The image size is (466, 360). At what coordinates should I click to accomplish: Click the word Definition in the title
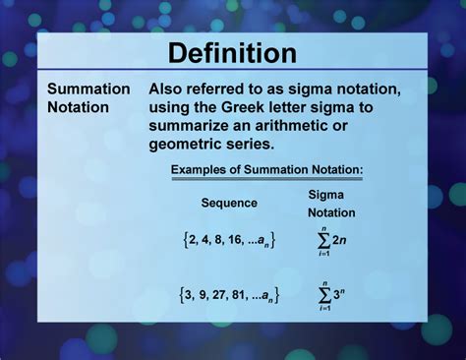pos(232,52)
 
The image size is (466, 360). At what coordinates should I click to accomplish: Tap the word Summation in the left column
pos(88,89)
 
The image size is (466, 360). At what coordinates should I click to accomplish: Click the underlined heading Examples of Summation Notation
pos(267,170)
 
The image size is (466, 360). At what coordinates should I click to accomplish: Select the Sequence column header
pos(229,203)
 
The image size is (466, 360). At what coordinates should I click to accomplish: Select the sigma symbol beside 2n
pos(322,239)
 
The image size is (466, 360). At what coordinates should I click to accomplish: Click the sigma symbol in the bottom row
pos(322,292)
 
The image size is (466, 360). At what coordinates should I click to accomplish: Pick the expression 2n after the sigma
pos(342,239)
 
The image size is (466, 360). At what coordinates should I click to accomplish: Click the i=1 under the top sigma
pos(322,255)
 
